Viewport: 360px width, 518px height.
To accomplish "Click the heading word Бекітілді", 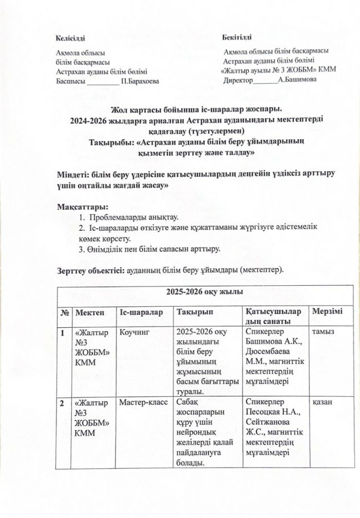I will (x=237, y=39).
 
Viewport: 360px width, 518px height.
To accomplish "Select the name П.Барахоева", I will (x=139, y=81).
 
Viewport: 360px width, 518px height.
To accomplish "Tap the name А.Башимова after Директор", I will (x=297, y=80).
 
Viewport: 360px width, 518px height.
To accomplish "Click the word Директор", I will (x=238, y=80).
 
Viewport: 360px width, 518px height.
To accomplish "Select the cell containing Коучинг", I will (x=134, y=332).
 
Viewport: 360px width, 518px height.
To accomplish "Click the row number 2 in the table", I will (x=62, y=403).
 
